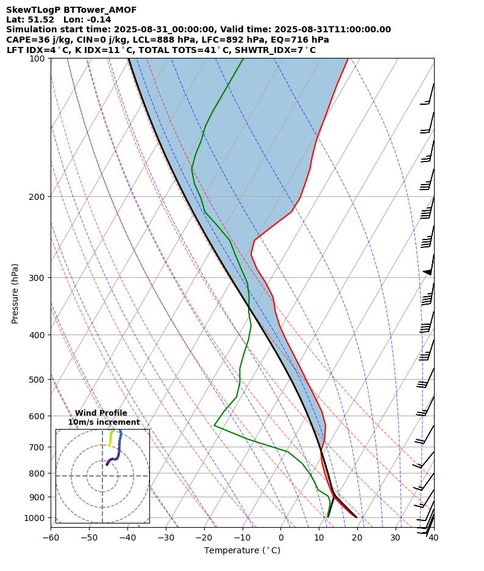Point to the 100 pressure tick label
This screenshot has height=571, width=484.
tap(38, 59)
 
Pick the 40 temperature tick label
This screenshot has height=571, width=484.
tap(433, 538)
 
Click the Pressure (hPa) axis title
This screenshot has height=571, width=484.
tap(15, 293)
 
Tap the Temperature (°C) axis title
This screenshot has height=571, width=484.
tap(242, 551)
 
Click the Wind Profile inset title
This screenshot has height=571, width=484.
tap(101, 413)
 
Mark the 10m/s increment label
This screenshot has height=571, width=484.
tap(104, 422)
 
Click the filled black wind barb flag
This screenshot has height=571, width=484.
tap(427, 272)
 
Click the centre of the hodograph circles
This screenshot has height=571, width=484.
tap(102, 476)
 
